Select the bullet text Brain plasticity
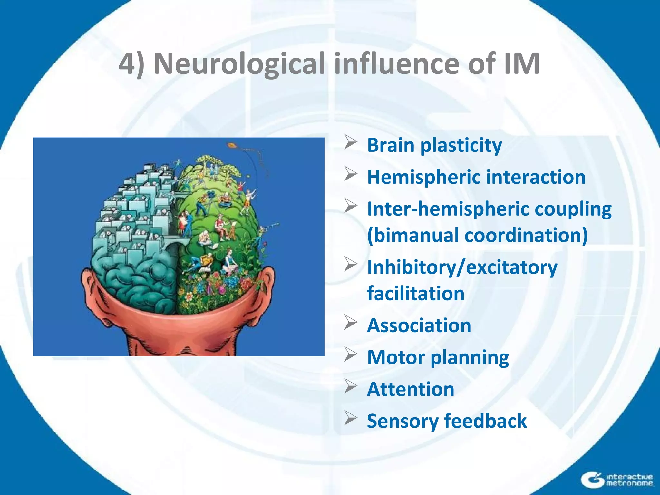pyautogui.click(x=434, y=145)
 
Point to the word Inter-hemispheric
pyautogui.click(x=448, y=209)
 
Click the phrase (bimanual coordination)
pyautogui.click(x=477, y=235)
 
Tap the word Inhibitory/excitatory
pyautogui.click(x=462, y=267)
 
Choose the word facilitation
pyautogui.click(x=415, y=294)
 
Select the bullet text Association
pyautogui.click(x=419, y=325)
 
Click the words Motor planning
pyautogui.click(x=438, y=358)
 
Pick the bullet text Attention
pyautogui.click(x=410, y=389)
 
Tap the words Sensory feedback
pyautogui.click(x=447, y=421)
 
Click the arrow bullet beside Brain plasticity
pyautogui.click(x=350, y=143)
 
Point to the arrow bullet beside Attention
pyautogui.click(x=350, y=386)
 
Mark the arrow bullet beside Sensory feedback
pyautogui.click(x=350, y=418)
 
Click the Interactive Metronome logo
pyautogui.click(x=617, y=480)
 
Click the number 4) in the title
pyautogui.click(x=131, y=64)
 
